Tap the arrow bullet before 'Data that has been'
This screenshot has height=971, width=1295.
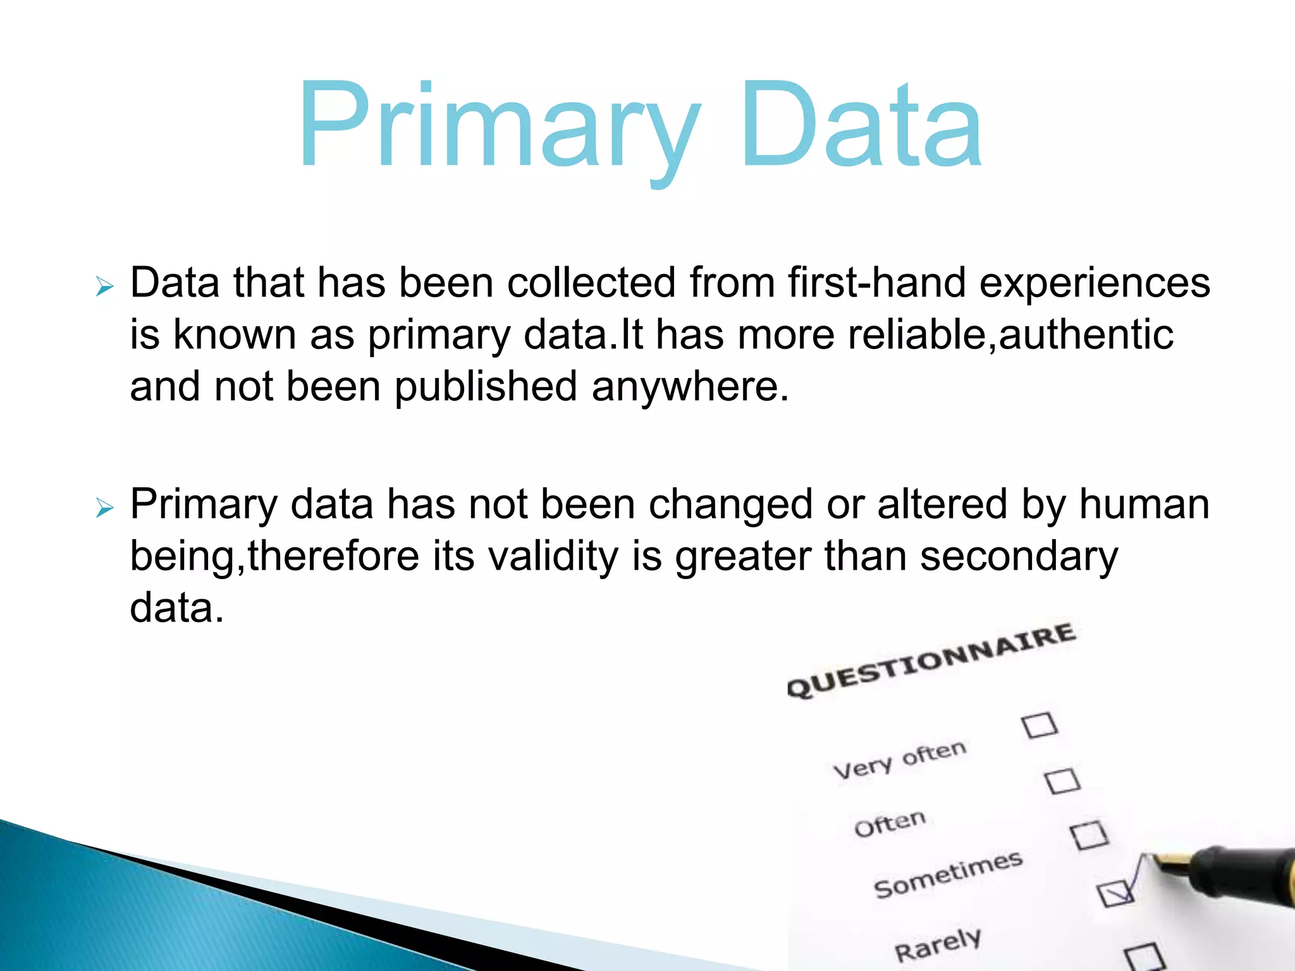pos(104,287)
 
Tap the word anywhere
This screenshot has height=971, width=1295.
pos(690,387)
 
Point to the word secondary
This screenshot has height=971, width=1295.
pos(1019,558)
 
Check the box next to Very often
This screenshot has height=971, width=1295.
pos(1040,725)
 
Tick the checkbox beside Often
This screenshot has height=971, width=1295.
pos(1062,781)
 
